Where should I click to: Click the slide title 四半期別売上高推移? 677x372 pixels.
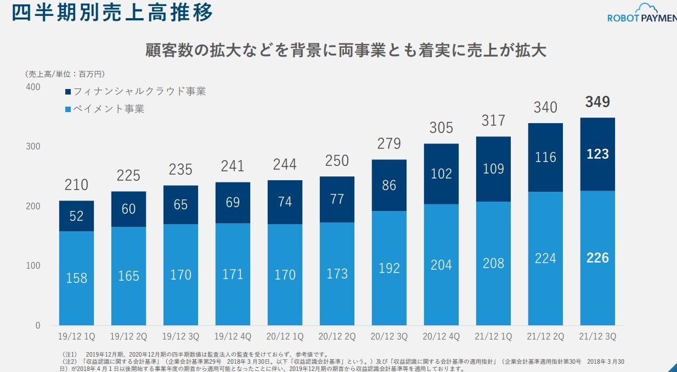[112, 13]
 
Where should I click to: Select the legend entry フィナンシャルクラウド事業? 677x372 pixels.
[135, 91]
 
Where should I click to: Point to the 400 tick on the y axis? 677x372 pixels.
[33, 87]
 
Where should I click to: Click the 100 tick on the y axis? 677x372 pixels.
[33, 266]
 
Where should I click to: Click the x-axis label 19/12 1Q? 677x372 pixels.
[76, 336]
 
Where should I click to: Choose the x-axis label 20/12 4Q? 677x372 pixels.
[441, 336]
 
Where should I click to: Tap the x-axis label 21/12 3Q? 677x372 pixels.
[597, 336]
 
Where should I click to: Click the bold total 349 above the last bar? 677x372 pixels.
[597, 102]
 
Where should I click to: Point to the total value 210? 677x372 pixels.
[76, 185]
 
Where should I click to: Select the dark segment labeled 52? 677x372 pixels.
[76, 216]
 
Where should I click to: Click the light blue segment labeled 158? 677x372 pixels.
[76, 278]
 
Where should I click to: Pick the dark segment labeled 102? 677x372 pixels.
[441, 174]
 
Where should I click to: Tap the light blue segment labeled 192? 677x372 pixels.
[389, 268]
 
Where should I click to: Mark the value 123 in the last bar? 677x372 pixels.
[597, 154]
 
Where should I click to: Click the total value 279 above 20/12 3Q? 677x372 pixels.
[389, 144]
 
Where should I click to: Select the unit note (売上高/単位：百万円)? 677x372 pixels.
[65, 74]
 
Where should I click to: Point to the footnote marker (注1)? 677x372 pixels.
[71, 354]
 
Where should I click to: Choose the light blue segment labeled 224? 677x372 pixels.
[545, 258]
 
